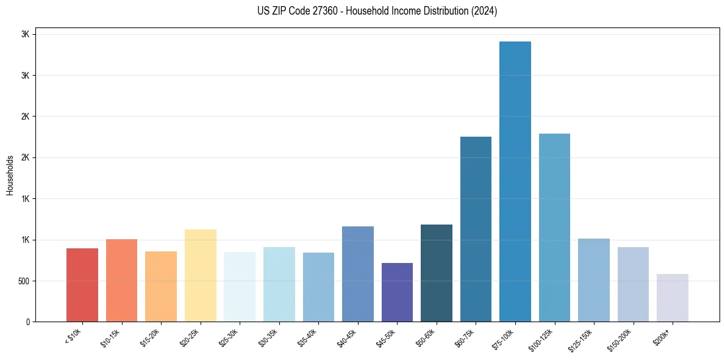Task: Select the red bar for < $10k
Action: pos(82,285)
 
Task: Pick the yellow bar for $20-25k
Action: pos(201,275)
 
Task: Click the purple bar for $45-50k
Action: pos(397,292)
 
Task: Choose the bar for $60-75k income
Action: pos(476,229)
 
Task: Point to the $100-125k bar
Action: pos(554,228)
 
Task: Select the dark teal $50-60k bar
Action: pos(437,273)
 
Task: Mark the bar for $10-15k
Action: pos(121,280)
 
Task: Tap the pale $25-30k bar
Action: pos(240,287)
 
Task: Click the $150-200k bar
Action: pos(633,284)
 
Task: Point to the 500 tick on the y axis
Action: pos(24,281)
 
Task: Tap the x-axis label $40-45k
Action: pos(347,337)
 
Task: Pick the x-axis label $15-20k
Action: pos(150,337)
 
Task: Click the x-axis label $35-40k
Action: pos(307,337)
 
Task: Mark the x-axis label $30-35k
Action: pos(268,337)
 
